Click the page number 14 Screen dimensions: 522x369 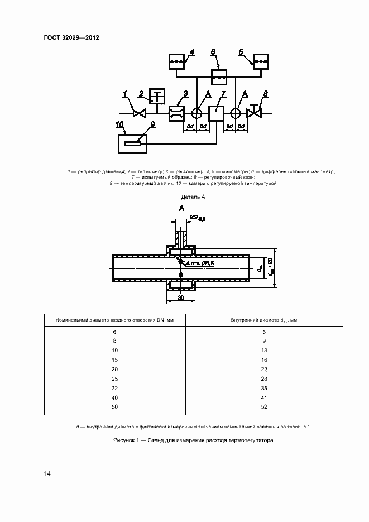pyautogui.click(x=47, y=473)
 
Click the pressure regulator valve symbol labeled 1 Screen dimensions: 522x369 pyautogui.click(x=139, y=113)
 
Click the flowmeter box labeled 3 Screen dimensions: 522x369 pyautogui.click(x=179, y=113)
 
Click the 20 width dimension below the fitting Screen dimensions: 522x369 pyautogui.click(x=181, y=298)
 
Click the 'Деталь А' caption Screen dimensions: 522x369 pyautogui.click(x=194, y=197)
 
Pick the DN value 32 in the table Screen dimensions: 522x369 pyautogui.click(x=114, y=387)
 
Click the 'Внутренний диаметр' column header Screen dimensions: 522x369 pyautogui.click(x=263, y=320)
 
